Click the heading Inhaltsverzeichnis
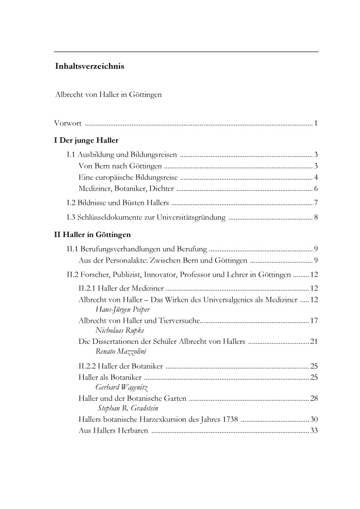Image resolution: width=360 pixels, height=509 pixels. pyautogui.click(x=90, y=67)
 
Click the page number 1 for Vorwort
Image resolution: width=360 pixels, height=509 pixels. pyautogui.click(x=316, y=122)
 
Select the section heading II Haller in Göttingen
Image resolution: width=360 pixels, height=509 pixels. pyautogui.click(x=92, y=234)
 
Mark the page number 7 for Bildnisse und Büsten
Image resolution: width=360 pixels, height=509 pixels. pyautogui.click(x=316, y=202)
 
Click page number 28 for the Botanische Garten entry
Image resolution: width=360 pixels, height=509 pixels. pyautogui.click(x=314, y=399)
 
